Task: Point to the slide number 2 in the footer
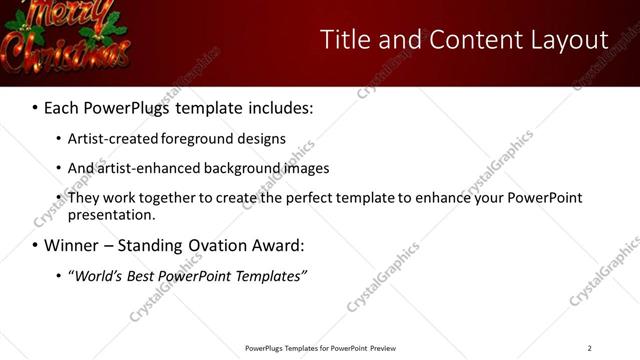(x=589, y=348)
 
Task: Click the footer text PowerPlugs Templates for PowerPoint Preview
(x=320, y=348)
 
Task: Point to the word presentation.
(x=110, y=214)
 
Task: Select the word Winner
(x=76, y=245)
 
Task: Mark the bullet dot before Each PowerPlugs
(x=35, y=107)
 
